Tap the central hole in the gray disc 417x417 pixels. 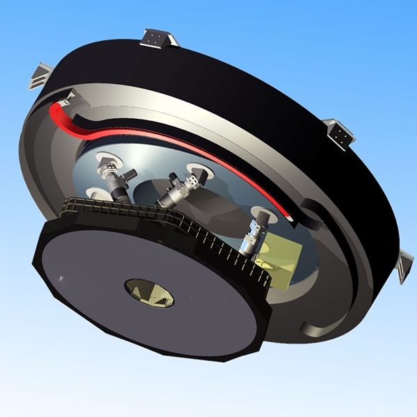148,292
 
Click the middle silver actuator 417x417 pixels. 178,190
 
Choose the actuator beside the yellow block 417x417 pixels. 253,234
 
